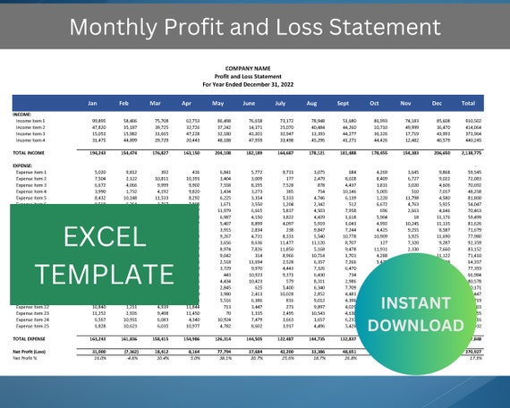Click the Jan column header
[98, 102]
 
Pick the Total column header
[468, 102]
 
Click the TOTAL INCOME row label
[30, 154]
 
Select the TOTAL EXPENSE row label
[31, 339]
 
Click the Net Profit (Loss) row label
[31, 352]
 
